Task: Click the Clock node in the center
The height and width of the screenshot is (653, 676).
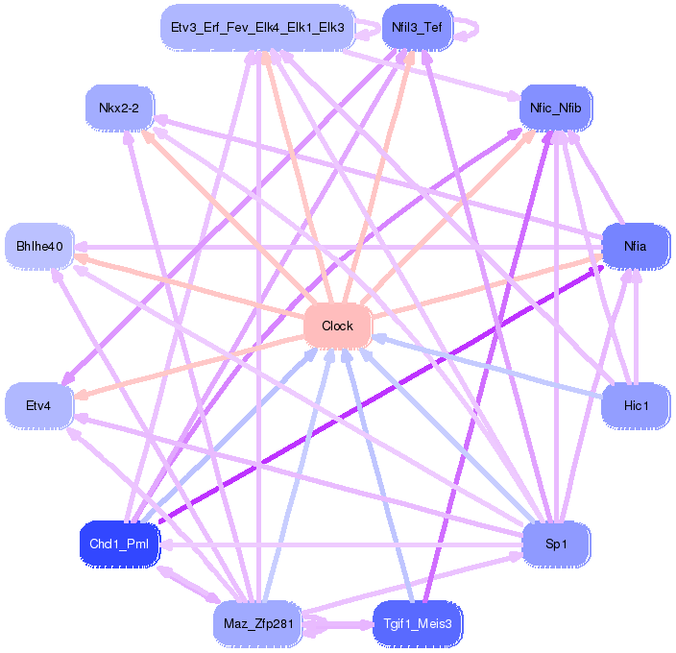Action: [x=337, y=326]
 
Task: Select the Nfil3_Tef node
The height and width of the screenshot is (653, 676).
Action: [x=417, y=27]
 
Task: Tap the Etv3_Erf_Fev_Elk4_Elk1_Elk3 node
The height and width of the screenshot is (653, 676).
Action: [x=256, y=27]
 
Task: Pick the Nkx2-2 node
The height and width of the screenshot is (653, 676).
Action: [x=119, y=108]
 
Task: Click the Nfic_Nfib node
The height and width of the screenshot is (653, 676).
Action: [x=556, y=108]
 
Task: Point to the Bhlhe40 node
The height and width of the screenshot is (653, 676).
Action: [x=39, y=247]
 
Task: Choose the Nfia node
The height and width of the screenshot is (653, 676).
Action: [x=635, y=246]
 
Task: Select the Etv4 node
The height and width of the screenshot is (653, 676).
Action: [x=39, y=405]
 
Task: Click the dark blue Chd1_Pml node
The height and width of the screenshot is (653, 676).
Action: [x=118, y=544]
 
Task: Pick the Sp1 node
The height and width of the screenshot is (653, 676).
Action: [x=555, y=544]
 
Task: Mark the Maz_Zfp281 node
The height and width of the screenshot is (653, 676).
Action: [x=256, y=623]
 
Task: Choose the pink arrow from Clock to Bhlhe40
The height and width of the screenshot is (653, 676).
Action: [x=192, y=287]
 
